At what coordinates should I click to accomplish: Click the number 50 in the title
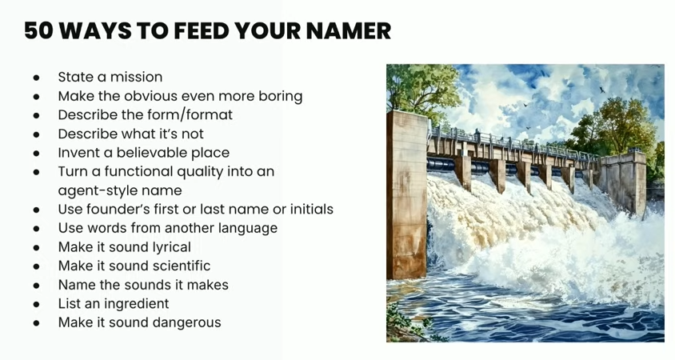click(x=38, y=31)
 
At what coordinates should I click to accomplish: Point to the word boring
click(x=280, y=97)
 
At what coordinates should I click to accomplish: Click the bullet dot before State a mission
click(x=36, y=78)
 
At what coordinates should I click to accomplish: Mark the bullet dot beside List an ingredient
click(x=36, y=305)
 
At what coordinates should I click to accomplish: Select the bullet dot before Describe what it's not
click(x=36, y=134)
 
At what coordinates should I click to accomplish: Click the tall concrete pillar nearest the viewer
click(x=407, y=194)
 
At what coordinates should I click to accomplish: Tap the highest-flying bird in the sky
click(x=601, y=90)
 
